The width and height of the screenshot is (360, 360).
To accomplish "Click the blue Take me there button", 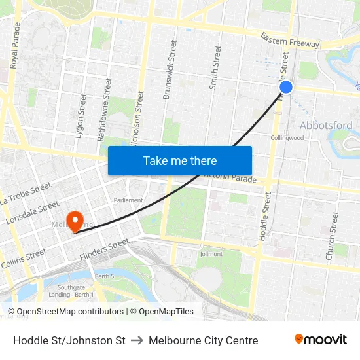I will tap(180, 160).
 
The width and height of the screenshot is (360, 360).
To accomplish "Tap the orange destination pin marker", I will tap(75, 221).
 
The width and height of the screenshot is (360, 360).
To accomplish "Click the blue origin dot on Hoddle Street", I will tap(285, 87).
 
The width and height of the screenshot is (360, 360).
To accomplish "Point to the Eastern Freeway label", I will tap(290, 40).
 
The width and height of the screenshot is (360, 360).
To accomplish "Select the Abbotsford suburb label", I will tap(325, 125).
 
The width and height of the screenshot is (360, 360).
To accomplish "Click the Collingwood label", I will tap(287, 138).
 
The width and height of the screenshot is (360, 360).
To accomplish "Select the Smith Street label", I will tap(214, 67).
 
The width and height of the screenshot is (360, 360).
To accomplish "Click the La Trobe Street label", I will tap(26, 194).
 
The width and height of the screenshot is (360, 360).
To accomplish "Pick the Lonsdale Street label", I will tap(32, 213).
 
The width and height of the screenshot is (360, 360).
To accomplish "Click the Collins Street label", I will tap(23, 259).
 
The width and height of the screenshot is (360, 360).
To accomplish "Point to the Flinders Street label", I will tap(104, 249).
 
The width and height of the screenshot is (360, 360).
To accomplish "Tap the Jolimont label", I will tap(211, 254).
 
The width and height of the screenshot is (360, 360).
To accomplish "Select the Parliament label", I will tap(128, 200).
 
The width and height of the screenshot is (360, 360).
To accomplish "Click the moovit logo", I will tap(321, 340).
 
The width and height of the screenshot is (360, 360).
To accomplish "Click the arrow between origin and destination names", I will tap(137, 340).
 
